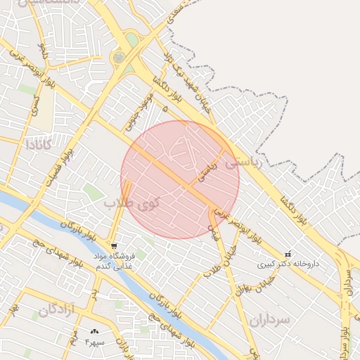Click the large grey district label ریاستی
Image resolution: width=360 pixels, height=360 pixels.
click(243, 162)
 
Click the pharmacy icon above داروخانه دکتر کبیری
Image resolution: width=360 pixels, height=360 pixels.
click(288, 254)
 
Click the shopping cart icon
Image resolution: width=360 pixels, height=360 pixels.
click(113, 246)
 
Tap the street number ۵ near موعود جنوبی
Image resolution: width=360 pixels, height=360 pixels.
click(165, 109)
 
